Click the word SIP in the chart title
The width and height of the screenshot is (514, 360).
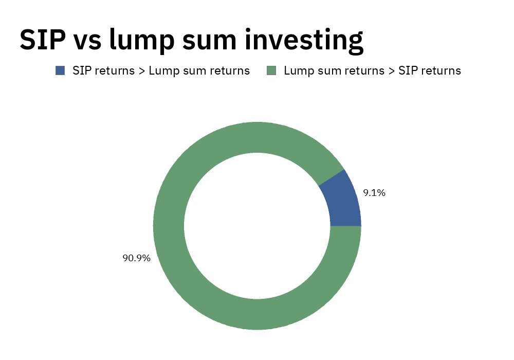coord(43,40)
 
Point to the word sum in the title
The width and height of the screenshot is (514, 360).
coord(209,42)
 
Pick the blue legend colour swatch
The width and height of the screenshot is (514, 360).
coord(60,70)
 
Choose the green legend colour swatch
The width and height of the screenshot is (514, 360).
coord(271,70)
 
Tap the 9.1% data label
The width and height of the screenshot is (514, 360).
coord(374,193)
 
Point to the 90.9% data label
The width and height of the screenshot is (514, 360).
coord(136,258)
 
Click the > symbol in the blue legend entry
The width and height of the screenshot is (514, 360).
coord(142,71)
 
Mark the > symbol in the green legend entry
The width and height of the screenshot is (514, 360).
coord(391,71)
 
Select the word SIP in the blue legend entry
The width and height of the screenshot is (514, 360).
coord(81,70)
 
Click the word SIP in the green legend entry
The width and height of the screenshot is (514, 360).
coord(407,70)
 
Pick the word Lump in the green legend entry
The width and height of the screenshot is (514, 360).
coord(298,71)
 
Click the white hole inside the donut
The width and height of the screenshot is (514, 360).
coord(257,226)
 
